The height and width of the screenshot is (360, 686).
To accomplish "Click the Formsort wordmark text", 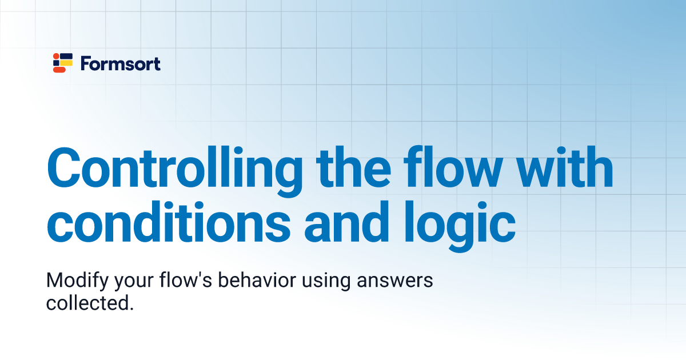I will tap(121, 63).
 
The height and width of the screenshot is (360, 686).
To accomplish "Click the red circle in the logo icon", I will tap(55, 56).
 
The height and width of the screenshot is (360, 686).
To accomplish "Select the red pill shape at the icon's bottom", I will tap(59, 70).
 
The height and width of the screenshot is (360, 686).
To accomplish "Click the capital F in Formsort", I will tap(85, 63).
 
